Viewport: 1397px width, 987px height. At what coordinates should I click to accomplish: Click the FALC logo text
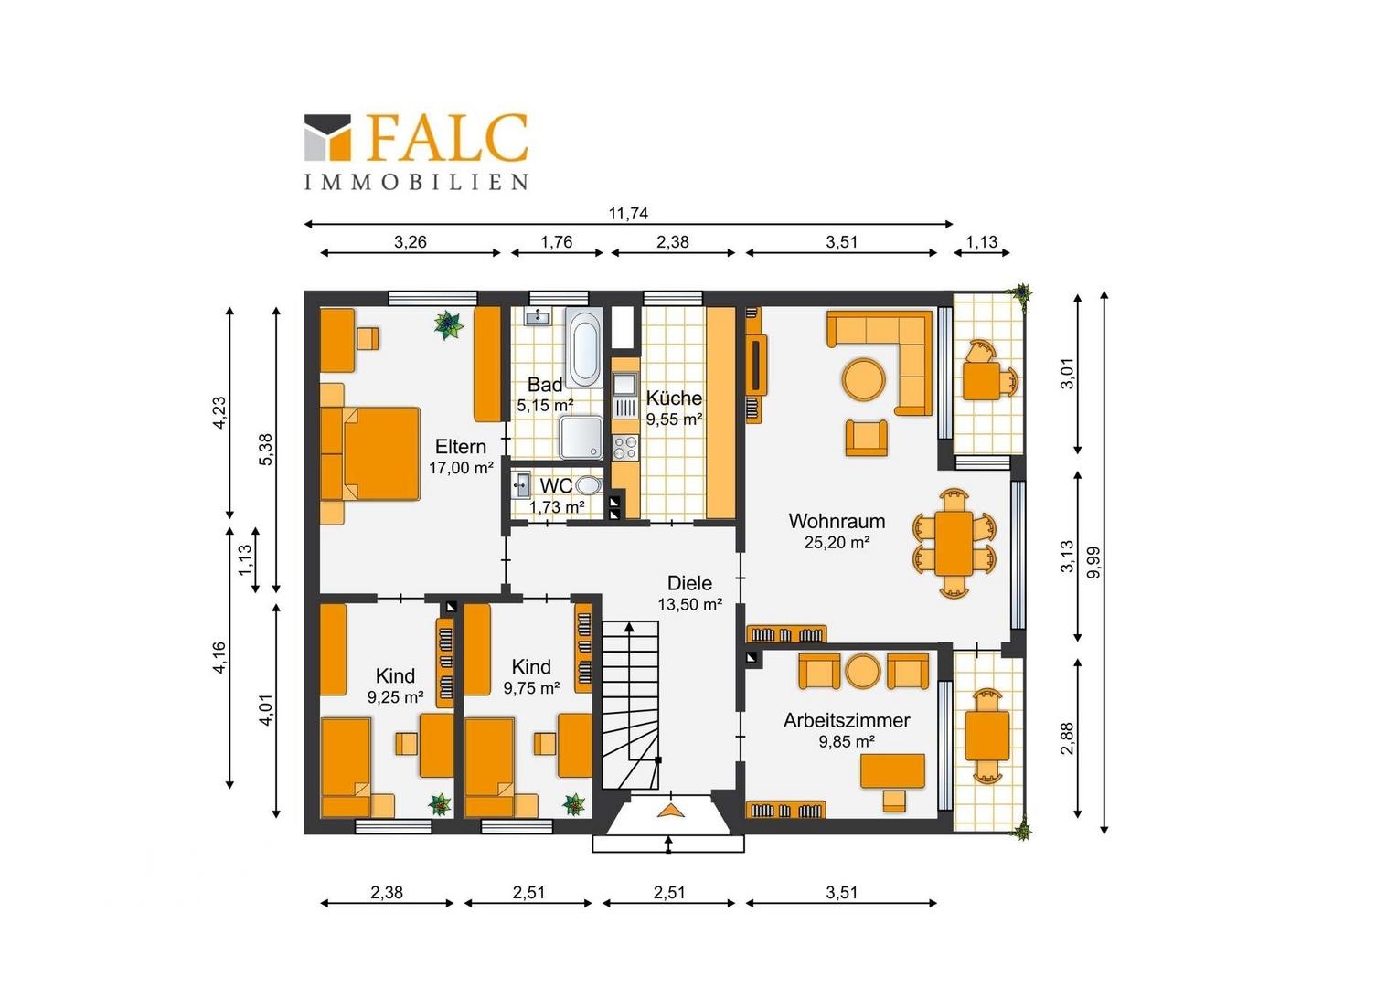pyautogui.click(x=448, y=138)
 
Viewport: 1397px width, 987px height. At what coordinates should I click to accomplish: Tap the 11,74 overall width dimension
pyautogui.click(x=629, y=214)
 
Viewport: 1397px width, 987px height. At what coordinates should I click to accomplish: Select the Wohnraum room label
pyautogui.click(x=837, y=521)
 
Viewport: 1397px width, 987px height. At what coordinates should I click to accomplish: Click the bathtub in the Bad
pyautogui.click(x=584, y=348)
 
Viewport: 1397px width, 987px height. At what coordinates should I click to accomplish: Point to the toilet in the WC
pyautogui.click(x=590, y=484)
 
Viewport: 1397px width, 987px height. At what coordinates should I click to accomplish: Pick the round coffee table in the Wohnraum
pyautogui.click(x=864, y=378)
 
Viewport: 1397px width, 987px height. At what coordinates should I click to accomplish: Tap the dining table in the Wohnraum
pyautogui.click(x=954, y=543)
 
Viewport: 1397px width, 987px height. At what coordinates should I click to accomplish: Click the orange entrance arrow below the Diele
pyautogui.click(x=670, y=811)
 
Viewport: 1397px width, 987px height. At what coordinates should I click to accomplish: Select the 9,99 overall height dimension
pyautogui.click(x=1093, y=562)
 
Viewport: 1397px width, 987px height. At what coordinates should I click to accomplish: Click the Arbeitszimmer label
pyautogui.click(x=847, y=721)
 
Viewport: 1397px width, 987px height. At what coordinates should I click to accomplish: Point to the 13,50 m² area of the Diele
pyautogui.click(x=689, y=604)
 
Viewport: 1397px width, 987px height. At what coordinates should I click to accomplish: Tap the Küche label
pyautogui.click(x=674, y=398)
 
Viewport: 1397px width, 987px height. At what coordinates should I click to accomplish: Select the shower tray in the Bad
pyautogui.click(x=581, y=437)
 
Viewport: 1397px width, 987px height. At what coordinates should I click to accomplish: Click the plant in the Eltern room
pyautogui.click(x=448, y=324)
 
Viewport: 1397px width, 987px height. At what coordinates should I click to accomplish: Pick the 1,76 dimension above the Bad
pyautogui.click(x=556, y=242)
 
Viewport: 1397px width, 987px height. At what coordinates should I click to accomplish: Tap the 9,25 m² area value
pyautogui.click(x=395, y=697)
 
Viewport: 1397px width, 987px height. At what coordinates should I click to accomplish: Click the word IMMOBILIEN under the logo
pyautogui.click(x=416, y=182)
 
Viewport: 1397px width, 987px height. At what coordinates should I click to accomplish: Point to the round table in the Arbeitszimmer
pyautogui.click(x=863, y=671)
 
